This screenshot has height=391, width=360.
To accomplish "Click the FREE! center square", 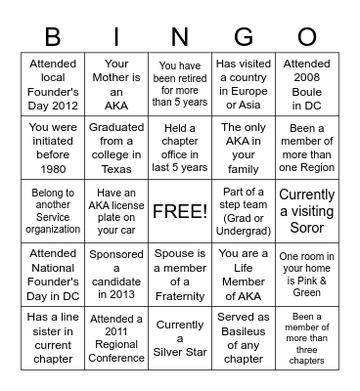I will coord(180,210).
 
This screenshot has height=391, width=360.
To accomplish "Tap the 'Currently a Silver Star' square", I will coord(180,338).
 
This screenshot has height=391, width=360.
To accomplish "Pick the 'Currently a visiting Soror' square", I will coord(307,210).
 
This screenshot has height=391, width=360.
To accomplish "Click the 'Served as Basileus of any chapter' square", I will coord(244,338).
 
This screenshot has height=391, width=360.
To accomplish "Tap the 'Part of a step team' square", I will coord(244,210).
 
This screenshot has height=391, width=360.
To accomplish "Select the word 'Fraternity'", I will coord(180,296).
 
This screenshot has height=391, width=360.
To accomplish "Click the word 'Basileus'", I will coord(244,331).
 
